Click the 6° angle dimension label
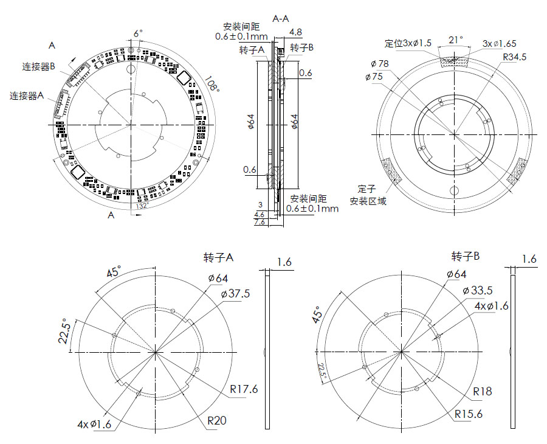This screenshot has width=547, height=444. [x=138, y=33]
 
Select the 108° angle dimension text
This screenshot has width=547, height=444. [x=212, y=85]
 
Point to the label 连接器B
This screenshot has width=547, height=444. [x=40, y=66]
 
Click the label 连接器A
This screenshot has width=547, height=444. [x=27, y=95]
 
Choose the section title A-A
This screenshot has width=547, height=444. [x=281, y=19]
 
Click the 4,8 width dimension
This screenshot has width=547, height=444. [x=296, y=32]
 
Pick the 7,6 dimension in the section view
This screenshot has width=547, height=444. [x=259, y=223]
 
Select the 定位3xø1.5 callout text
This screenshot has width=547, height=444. [x=408, y=43]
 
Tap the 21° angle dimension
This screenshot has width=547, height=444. [x=456, y=40]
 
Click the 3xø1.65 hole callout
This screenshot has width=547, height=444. [x=499, y=43]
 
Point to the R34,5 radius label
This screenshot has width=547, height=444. [x=514, y=57]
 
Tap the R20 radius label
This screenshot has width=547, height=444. [x=217, y=420]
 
